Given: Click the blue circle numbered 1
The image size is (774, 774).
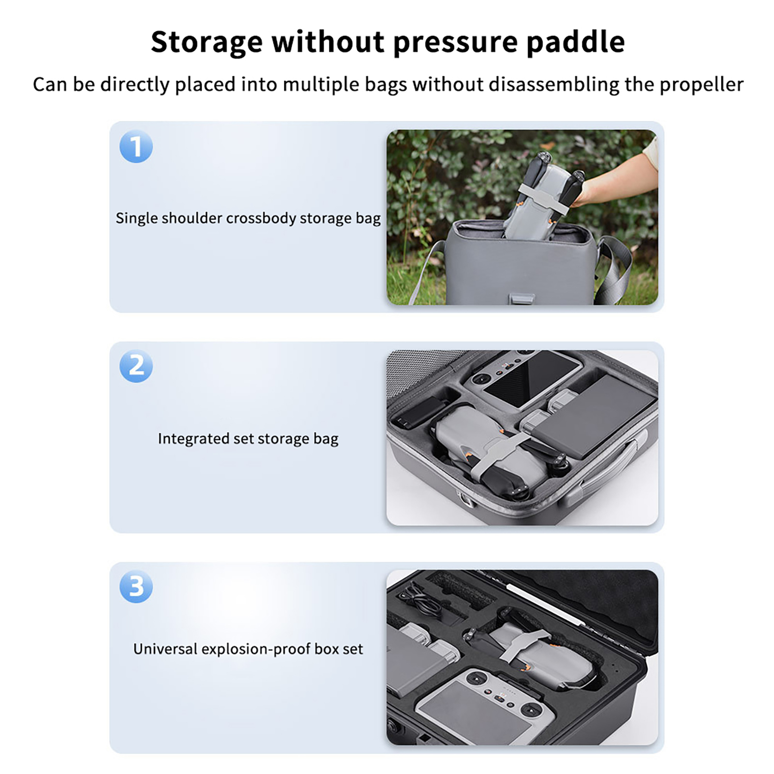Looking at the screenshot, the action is click(136, 146).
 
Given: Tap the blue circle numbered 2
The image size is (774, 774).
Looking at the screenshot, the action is click(136, 366).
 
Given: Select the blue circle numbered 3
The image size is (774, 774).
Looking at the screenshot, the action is click(136, 586).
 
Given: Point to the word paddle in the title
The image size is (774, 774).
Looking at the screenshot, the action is click(575, 42).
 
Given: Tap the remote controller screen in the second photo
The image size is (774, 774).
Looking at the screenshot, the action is click(528, 379).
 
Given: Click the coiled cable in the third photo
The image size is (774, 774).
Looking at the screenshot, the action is click(421, 600).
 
